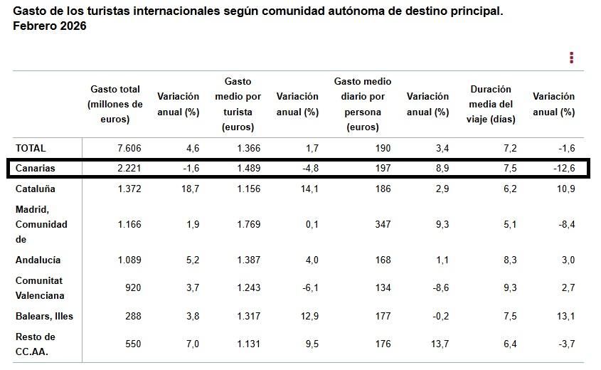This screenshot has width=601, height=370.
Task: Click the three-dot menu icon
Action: (571, 58)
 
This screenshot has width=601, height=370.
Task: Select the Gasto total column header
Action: (115, 104)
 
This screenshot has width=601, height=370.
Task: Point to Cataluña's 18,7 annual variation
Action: (189, 189)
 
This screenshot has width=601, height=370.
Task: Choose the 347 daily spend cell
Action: (383, 225)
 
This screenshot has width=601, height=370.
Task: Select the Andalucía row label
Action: (38, 260)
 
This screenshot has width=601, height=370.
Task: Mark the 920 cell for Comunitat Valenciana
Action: (133, 288)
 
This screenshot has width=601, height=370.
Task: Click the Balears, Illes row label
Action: (44, 316)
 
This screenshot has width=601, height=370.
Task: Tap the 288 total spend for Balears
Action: (133, 316)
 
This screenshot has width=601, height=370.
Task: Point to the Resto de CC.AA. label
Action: (36, 344)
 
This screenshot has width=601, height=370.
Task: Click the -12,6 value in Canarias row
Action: (562, 169)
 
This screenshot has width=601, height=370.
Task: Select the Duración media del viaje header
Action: (491, 104)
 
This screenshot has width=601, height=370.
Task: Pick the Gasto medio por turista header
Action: (238, 104)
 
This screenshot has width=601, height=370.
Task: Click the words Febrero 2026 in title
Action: (50, 26)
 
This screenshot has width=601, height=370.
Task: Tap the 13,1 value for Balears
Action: (565, 316)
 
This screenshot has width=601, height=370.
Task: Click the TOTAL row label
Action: (30, 148)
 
